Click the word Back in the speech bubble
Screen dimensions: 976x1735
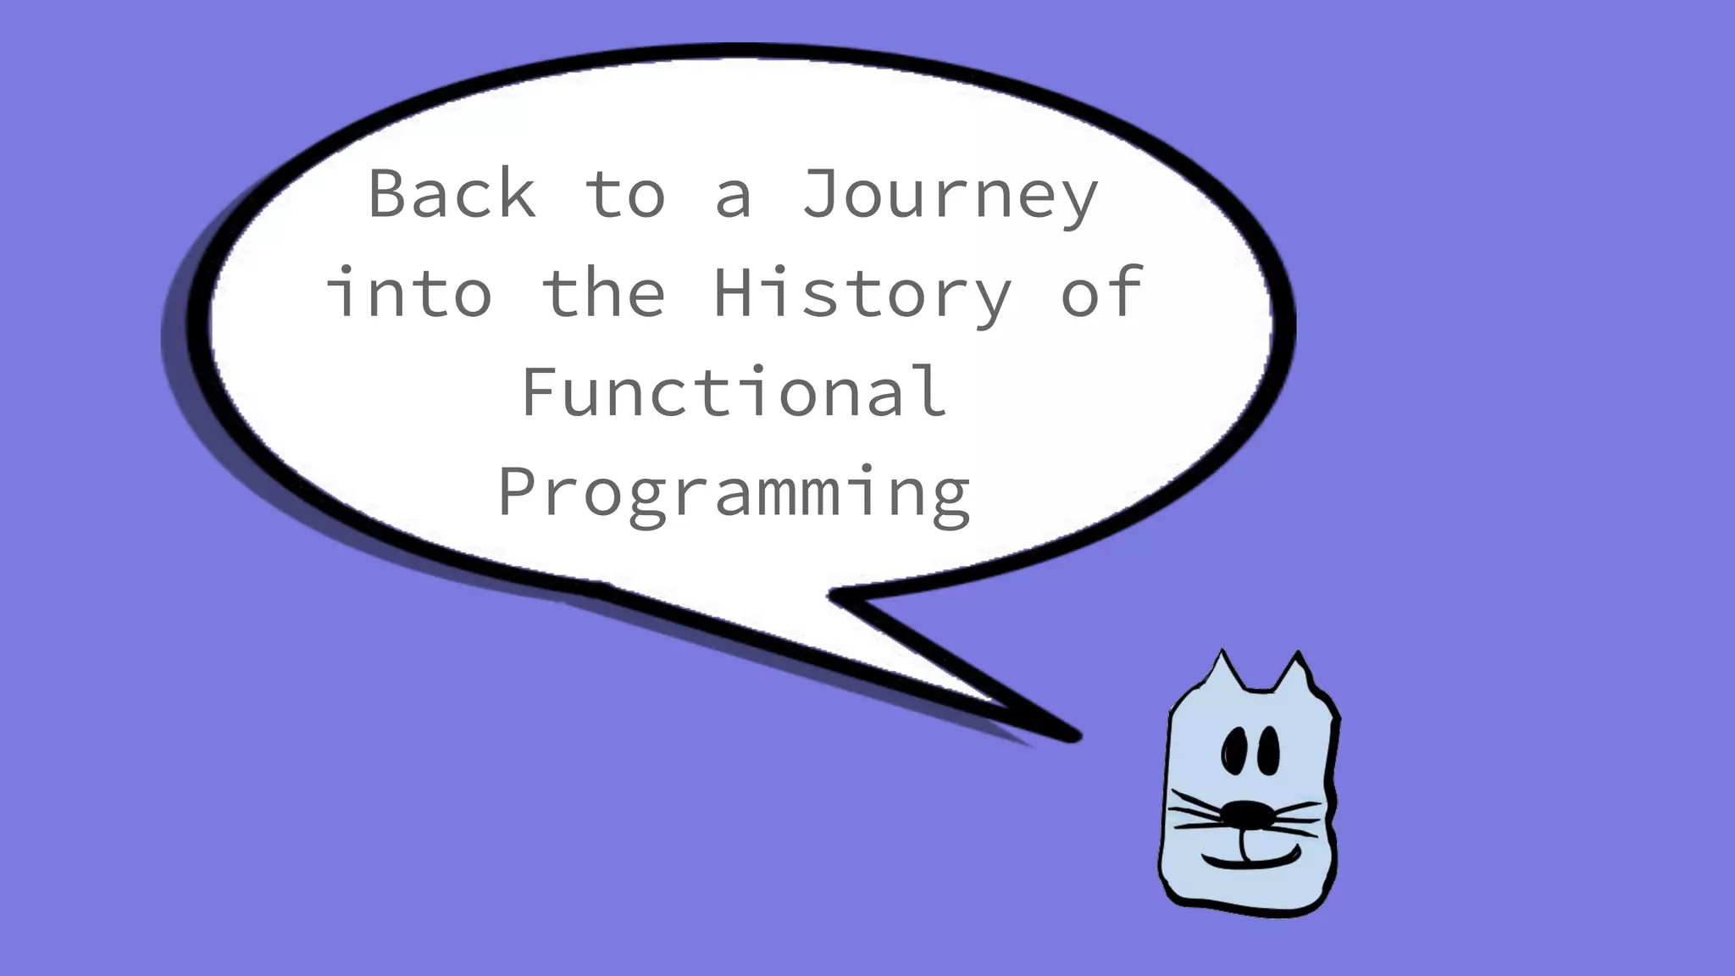click(452, 194)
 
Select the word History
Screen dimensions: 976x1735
click(862, 293)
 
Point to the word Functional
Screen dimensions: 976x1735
click(734, 391)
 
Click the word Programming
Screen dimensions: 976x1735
click(734, 492)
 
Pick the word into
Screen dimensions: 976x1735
click(408, 292)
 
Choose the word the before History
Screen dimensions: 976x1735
click(603, 292)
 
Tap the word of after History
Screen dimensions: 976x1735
click(1101, 292)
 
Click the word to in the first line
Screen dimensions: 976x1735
click(625, 195)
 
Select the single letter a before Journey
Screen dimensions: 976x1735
click(734, 197)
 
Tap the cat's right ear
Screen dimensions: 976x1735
click(1294, 675)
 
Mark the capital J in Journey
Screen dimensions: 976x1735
click(821, 193)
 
